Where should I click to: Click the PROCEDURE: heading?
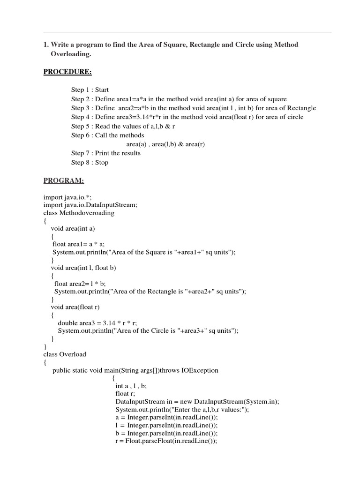coord(67,72)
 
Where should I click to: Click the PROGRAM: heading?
coord(64,180)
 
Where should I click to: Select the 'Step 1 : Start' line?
coord(90,90)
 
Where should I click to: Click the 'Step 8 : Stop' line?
coord(90,162)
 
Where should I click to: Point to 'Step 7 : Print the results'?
coord(106,153)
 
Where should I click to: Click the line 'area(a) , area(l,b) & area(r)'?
coord(165,144)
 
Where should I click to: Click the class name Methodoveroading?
coord(87,213)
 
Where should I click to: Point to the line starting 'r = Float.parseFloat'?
coord(166,441)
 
